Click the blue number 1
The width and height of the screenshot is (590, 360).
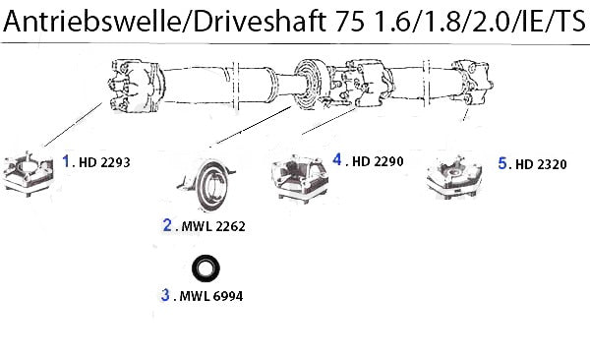(x=66, y=160)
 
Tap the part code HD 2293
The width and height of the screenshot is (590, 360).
(x=104, y=162)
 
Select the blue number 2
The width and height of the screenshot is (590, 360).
(x=167, y=225)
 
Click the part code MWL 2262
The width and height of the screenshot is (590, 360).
(x=213, y=226)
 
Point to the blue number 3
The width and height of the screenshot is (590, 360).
(x=165, y=294)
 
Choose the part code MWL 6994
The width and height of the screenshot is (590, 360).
(x=211, y=296)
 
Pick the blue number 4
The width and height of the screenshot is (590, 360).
(x=337, y=159)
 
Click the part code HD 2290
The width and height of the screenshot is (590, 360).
(x=378, y=161)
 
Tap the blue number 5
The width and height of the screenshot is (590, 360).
(x=502, y=163)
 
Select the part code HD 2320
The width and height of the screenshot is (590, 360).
(x=541, y=164)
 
